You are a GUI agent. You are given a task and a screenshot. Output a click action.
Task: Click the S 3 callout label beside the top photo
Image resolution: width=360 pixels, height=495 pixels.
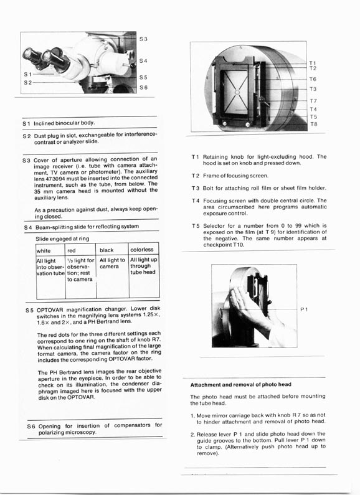pyautogui.click(x=143, y=39)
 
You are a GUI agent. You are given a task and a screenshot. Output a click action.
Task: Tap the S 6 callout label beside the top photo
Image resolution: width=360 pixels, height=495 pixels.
pyautogui.click(x=143, y=87)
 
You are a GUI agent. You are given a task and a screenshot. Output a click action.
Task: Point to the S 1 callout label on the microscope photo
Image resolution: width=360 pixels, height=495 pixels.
pyautogui.click(x=28, y=75)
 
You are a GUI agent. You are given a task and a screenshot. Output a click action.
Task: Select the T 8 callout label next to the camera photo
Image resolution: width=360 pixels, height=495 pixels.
pyautogui.click(x=313, y=125)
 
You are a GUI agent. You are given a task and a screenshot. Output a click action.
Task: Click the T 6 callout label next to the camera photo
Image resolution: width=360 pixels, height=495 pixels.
pyautogui.click(x=313, y=79)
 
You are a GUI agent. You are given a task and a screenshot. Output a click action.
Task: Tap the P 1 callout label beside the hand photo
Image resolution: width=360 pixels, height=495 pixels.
pyautogui.click(x=304, y=309)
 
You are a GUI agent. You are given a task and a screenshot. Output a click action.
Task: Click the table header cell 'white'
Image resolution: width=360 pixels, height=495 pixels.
pyautogui.click(x=44, y=251)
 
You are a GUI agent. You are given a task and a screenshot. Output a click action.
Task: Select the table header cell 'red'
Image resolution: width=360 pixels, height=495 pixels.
pyautogui.click(x=72, y=251)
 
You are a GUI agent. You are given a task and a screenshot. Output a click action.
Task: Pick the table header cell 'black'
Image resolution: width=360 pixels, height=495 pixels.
pyautogui.click(x=107, y=250)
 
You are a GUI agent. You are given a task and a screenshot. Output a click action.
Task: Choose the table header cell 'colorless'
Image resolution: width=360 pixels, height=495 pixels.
pyautogui.click(x=142, y=250)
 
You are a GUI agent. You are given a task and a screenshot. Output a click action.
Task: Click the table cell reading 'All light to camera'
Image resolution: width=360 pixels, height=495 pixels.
pyautogui.click(x=112, y=263)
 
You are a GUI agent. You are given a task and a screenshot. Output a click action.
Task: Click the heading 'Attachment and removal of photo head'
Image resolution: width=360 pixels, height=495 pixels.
pyautogui.click(x=240, y=385)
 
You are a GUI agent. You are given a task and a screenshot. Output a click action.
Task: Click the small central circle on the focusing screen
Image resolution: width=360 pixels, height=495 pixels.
pyautogui.click(x=237, y=92)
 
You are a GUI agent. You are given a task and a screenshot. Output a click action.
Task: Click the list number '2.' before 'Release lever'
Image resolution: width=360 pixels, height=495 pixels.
pyautogui.click(x=192, y=435)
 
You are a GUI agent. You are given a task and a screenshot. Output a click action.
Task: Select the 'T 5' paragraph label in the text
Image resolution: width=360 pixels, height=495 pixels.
pyautogui.click(x=196, y=226)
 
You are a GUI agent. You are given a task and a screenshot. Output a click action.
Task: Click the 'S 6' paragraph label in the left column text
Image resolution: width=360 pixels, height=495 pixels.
pyautogui.click(x=31, y=427)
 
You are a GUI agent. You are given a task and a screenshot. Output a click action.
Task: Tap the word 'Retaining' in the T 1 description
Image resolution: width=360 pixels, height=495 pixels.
pyautogui.click(x=215, y=157)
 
